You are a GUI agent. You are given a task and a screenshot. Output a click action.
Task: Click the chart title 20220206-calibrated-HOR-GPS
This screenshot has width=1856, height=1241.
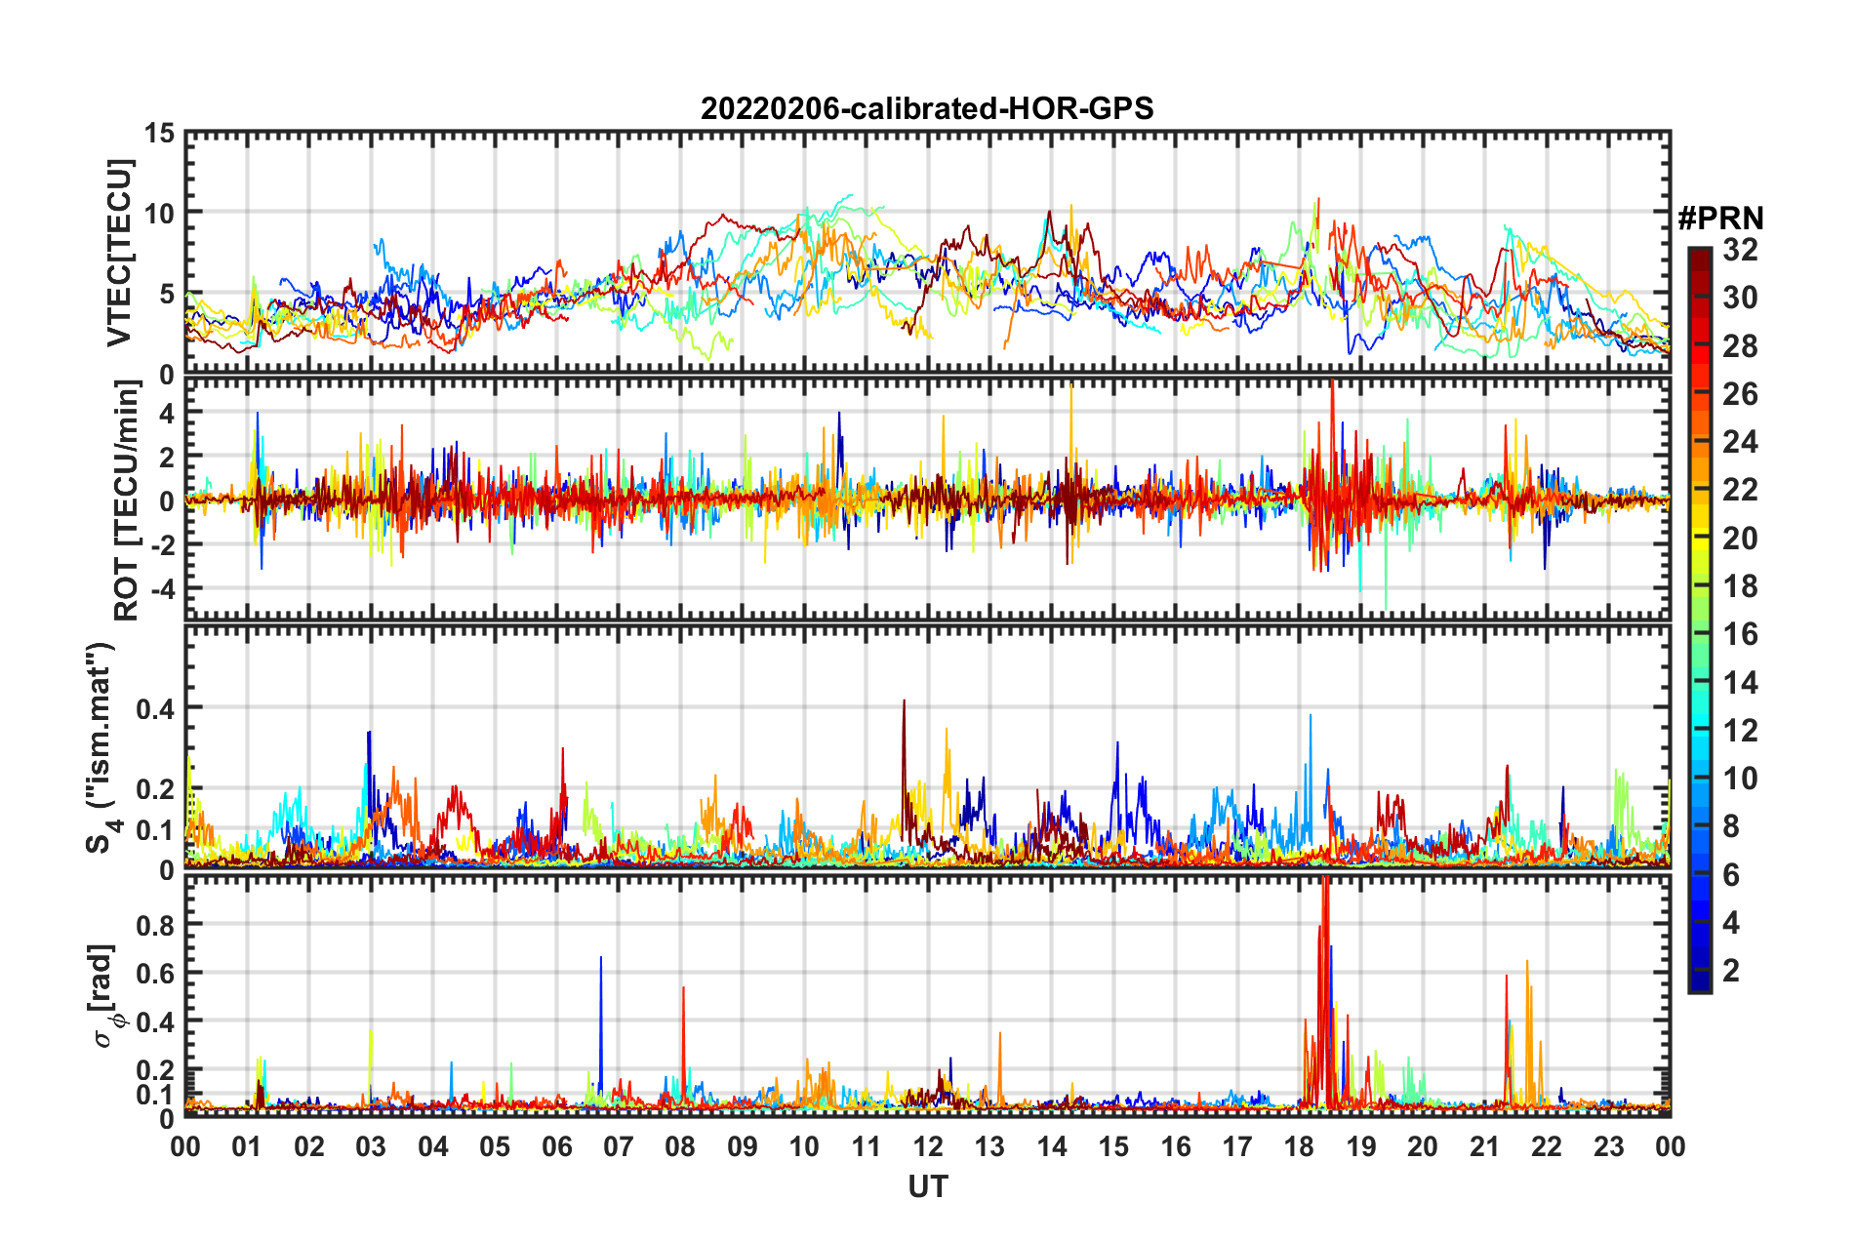(x=927, y=108)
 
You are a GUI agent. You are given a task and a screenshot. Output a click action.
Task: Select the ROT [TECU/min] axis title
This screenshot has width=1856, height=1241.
(x=127, y=500)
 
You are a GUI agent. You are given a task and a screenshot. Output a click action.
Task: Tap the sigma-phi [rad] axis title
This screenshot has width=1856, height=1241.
(x=105, y=995)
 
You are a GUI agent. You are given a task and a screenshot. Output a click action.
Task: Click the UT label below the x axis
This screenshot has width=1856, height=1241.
(x=927, y=1186)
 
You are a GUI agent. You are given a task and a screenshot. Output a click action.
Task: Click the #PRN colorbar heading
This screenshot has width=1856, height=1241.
(x=1719, y=219)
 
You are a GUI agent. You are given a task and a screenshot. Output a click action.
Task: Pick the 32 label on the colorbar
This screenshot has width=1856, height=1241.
(x=1740, y=251)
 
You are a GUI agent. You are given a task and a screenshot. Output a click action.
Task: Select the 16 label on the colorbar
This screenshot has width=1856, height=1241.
(x=1740, y=635)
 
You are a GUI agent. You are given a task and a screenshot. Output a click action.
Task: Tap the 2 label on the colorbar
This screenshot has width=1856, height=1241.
(x=1731, y=971)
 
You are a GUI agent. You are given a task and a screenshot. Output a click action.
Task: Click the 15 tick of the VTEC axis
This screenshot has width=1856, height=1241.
(x=160, y=134)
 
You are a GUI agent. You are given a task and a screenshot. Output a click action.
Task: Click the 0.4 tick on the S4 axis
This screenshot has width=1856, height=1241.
(x=154, y=708)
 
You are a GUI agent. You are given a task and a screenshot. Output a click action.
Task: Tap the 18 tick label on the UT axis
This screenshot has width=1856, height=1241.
(x=1299, y=1146)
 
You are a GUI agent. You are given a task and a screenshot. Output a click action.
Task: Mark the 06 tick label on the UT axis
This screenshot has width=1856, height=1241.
(x=556, y=1146)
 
